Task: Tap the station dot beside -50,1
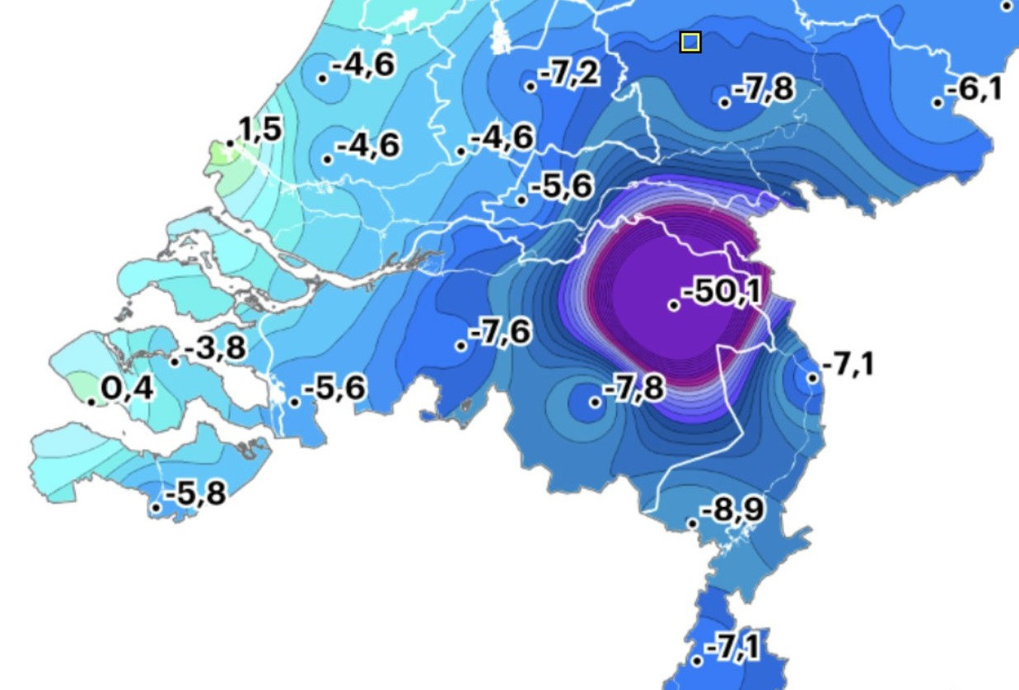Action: (674, 305)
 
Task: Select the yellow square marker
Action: (690, 42)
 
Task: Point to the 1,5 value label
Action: (260, 129)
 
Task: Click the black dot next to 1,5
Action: (231, 144)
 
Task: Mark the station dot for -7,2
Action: (531, 86)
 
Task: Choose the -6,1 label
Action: (975, 88)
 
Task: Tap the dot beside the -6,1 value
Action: (937, 102)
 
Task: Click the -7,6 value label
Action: (500, 332)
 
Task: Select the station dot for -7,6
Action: (460, 345)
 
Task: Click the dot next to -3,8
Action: (175, 361)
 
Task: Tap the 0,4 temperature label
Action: (127, 387)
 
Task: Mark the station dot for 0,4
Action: (91, 401)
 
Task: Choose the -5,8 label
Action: (195, 494)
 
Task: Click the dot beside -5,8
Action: (156, 507)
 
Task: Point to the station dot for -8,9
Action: (693, 523)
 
